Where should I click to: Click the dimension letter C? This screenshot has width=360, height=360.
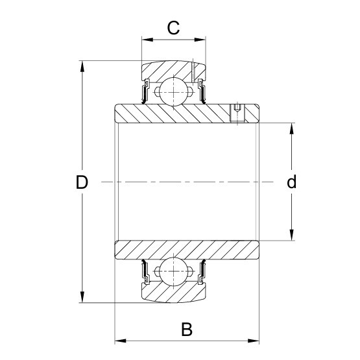(173, 28)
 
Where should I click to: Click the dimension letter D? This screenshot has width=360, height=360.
(81, 182)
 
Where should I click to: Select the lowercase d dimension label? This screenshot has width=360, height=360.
(292, 182)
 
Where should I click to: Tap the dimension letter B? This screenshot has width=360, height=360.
(187, 330)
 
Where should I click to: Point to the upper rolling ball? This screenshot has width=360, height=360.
(173, 89)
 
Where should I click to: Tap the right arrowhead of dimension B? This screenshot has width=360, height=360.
(256, 340)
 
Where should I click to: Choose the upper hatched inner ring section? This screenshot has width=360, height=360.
(182, 114)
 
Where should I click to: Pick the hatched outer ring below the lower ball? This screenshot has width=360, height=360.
(173, 293)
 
